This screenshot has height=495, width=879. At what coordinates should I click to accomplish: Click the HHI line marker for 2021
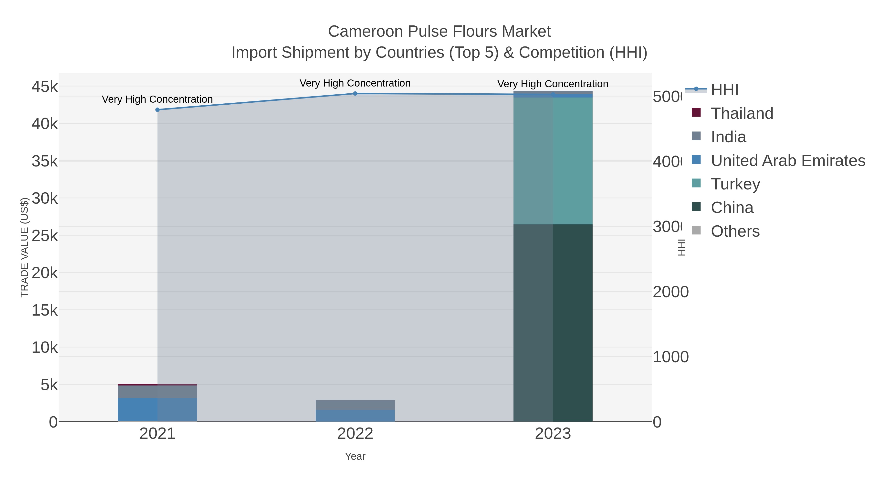(157, 110)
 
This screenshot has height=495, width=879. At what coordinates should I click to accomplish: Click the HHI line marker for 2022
(355, 94)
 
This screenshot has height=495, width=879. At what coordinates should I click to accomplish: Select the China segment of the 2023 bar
(553, 323)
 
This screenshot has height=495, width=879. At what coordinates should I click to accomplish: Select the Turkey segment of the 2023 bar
(553, 161)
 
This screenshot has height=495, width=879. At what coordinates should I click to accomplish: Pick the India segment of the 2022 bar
(355, 405)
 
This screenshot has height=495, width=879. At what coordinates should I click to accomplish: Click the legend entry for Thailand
(742, 113)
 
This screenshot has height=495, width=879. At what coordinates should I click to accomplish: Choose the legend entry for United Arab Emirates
(787, 161)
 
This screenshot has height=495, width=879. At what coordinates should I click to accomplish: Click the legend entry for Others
(735, 231)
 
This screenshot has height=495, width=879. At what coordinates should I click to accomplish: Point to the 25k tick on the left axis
(45, 236)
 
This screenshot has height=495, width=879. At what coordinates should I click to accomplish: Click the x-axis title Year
(355, 456)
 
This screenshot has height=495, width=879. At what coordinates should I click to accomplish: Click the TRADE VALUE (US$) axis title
(25, 247)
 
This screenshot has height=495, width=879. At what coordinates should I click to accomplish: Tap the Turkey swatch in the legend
(696, 183)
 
